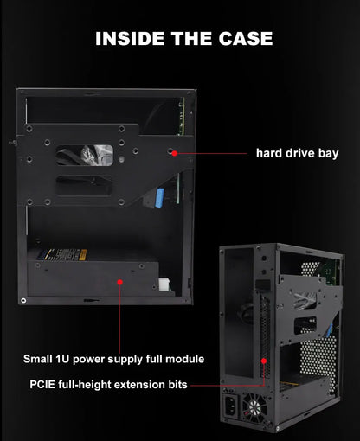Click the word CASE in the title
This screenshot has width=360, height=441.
[x=243, y=39]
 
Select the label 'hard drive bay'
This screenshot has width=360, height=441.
[x=297, y=154]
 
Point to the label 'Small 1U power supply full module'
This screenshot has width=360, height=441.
[x=113, y=358]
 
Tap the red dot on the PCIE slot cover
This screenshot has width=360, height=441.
[x=261, y=357]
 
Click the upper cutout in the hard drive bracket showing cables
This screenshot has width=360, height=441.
[x=83, y=155]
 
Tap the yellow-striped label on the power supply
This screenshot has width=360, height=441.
[x=60, y=255]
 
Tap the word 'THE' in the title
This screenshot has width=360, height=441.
[x=188, y=39]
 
